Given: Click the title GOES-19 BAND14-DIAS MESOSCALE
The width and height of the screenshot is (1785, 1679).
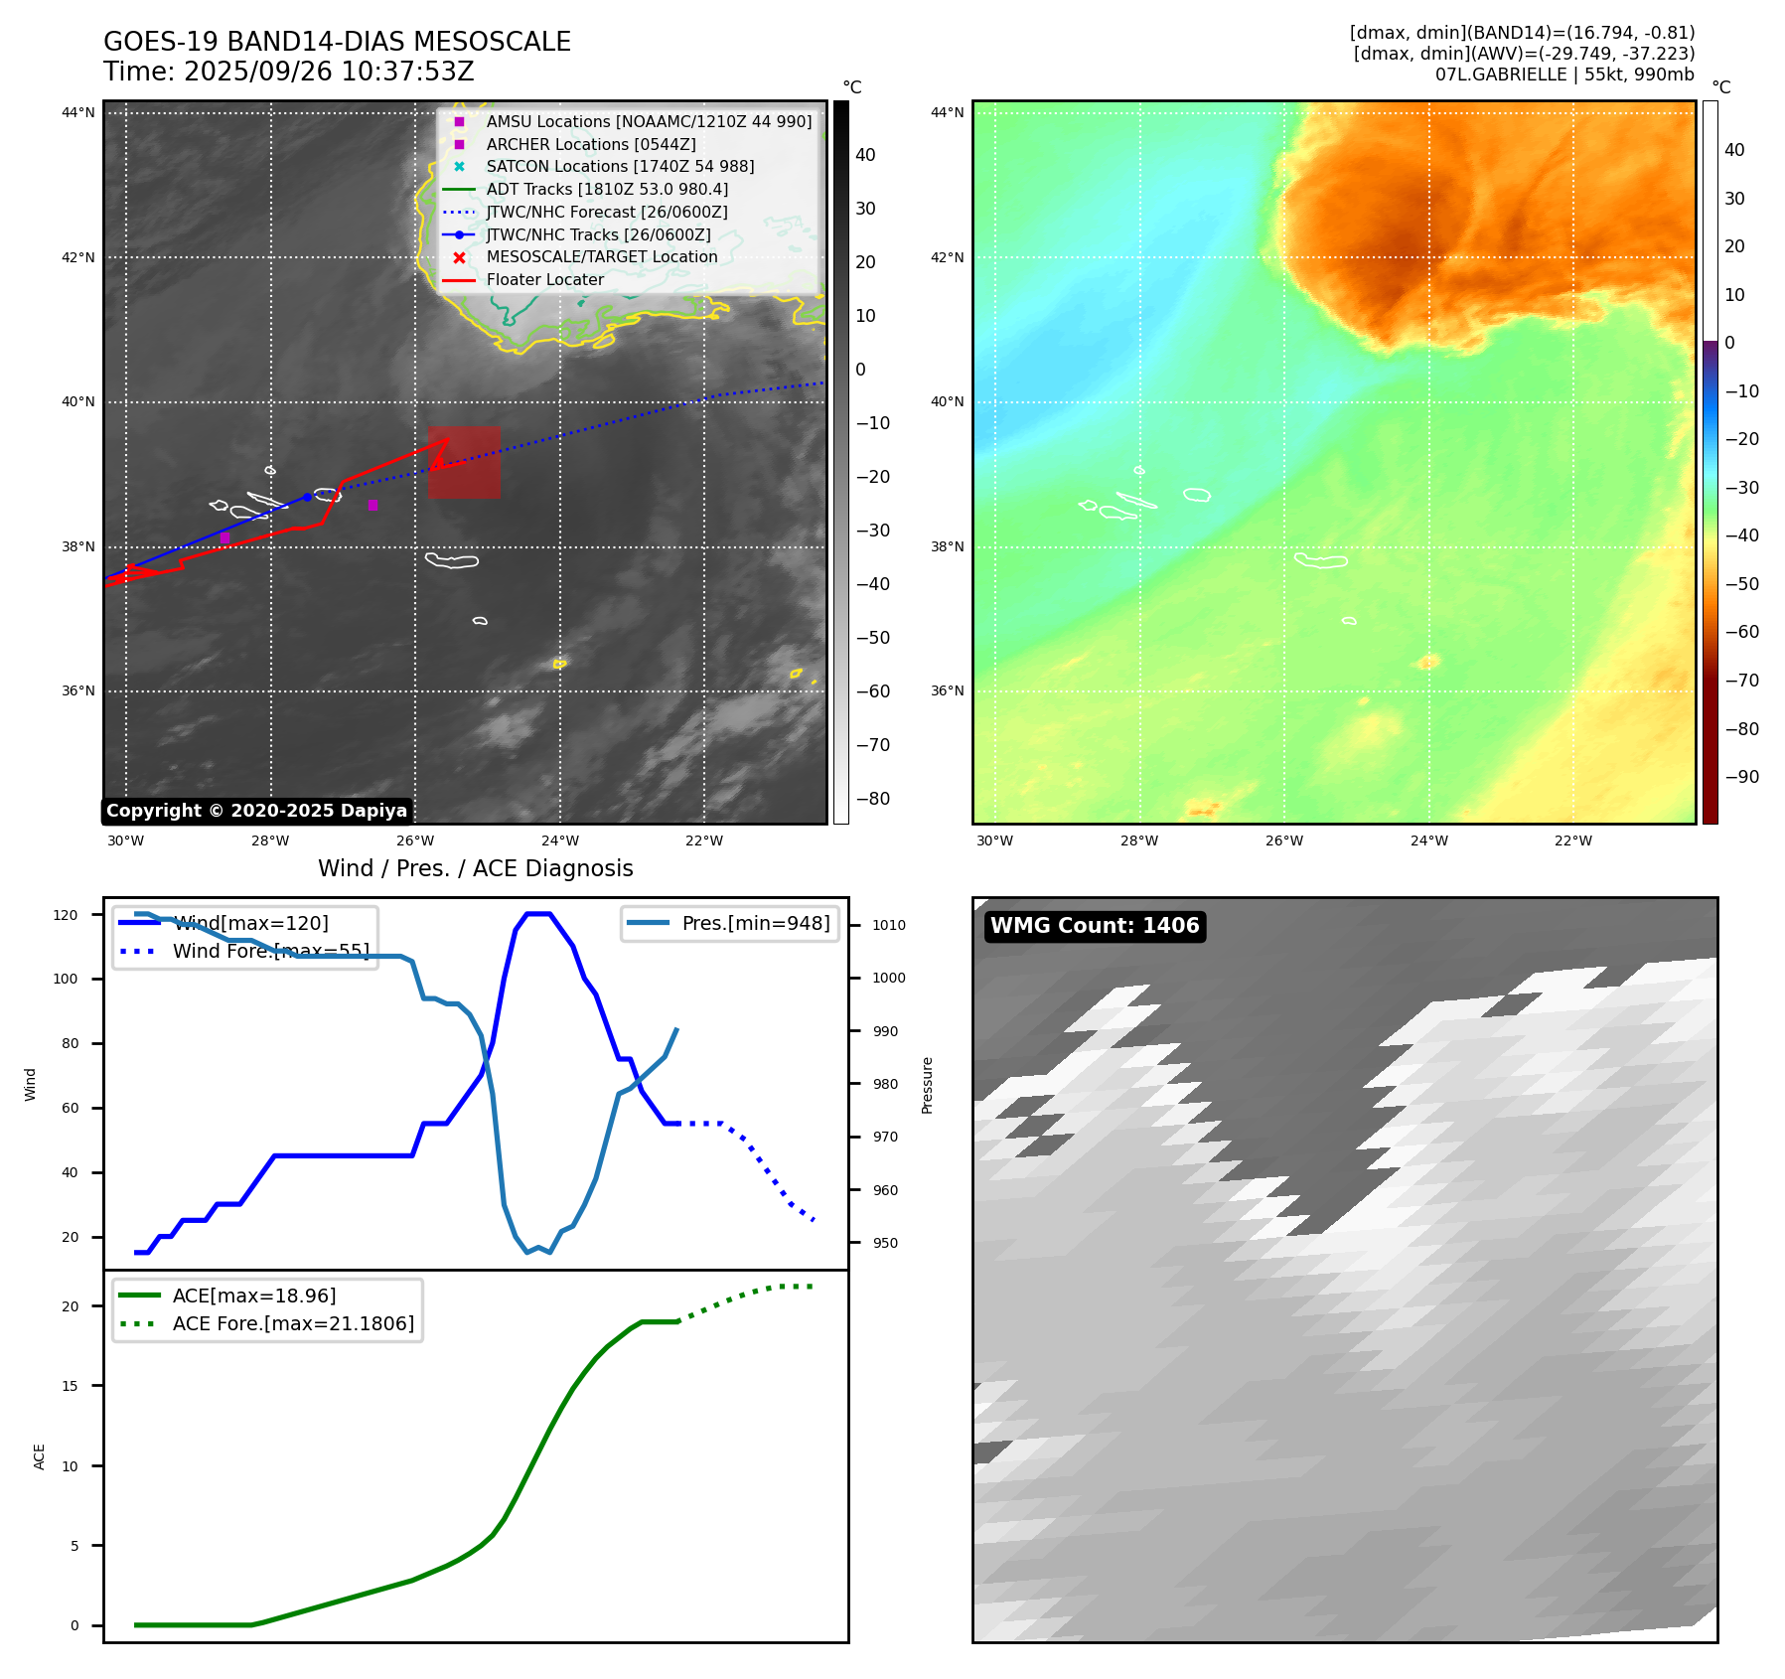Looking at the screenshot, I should pyautogui.click(x=337, y=42).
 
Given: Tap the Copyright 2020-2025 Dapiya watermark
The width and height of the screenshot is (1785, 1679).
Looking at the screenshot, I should pyautogui.click(x=256, y=811).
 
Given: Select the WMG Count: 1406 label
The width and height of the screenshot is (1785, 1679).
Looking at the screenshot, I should pyautogui.click(x=1095, y=926).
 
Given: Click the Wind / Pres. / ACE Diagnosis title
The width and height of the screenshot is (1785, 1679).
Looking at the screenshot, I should pyautogui.click(x=475, y=868).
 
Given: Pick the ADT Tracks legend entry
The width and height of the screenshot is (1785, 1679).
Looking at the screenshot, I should pyautogui.click(x=607, y=189).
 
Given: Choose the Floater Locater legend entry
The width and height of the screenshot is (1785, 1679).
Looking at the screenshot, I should pyautogui.click(x=544, y=279).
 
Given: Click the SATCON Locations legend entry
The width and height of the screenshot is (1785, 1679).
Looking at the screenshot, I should pyautogui.click(x=620, y=166).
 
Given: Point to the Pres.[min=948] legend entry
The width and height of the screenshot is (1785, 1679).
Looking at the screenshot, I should pyautogui.click(x=755, y=923).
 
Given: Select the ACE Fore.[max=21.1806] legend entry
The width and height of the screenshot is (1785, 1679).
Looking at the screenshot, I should pyautogui.click(x=293, y=1323).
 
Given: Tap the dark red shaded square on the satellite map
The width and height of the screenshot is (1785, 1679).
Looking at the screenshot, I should pyautogui.click(x=464, y=463).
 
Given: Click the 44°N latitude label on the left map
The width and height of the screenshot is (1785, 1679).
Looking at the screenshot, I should pyautogui.click(x=78, y=112).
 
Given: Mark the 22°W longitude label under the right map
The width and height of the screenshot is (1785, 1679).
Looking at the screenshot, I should pyautogui.click(x=1572, y=840).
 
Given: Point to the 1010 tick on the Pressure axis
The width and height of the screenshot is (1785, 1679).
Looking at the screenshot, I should pyautogui.click(x=888, y=925).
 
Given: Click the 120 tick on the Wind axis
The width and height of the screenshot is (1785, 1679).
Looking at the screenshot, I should pyautogui.click(x=66, y=915).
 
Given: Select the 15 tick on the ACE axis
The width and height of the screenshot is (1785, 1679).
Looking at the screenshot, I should pyautogui.click(x=70, y=1386).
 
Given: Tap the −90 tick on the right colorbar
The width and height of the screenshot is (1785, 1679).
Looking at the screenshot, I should pyautogui.click(x=1741, y=777).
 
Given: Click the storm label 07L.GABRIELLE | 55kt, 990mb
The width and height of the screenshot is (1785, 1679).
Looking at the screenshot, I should pyautogui.click(x=1564, y=75).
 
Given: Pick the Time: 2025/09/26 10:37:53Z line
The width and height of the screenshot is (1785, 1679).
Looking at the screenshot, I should pyautogui.click(x=288, y=72).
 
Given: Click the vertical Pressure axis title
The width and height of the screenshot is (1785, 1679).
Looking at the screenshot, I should pyautogui.click(x=927, y=1085).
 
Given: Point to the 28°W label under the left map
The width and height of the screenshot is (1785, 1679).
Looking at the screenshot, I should pyautogui.click(x=270, y=840).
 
